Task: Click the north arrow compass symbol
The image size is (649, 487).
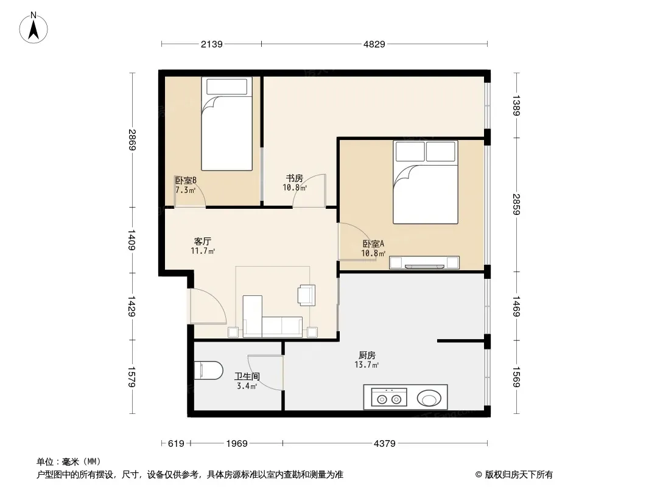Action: tap(33, 28)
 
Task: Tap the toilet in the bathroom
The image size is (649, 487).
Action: tap(208, 370)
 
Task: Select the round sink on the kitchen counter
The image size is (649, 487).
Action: tap(429, 399)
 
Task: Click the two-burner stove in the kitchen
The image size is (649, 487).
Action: tap(389, 398)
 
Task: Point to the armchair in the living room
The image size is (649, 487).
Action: tap(307, 295)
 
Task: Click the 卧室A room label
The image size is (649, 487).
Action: tap(373, 243)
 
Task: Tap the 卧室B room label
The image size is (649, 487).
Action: tap(186, 180)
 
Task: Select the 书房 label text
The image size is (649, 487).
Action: tap(294, 178)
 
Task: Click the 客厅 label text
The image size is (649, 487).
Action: tap(203, 241)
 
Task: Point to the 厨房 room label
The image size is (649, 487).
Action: tap(367, 355)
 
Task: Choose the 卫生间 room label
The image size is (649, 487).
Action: tap(247, 377)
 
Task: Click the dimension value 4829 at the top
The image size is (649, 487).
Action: tap(374, 44)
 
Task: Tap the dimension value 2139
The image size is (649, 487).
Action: tap(211, 44)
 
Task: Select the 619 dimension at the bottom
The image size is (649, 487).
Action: tap(176, 444)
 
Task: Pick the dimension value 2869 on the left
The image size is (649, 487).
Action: tap(132, 140)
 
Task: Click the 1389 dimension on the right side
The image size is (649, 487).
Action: tap(516, 105)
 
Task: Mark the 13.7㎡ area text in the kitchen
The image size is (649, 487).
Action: tap(367, 365)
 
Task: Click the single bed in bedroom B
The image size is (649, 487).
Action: tap(227, 124)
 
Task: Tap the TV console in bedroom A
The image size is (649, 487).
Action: tap(424, 263)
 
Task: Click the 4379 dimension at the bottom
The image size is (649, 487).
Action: tap(385, 444)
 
